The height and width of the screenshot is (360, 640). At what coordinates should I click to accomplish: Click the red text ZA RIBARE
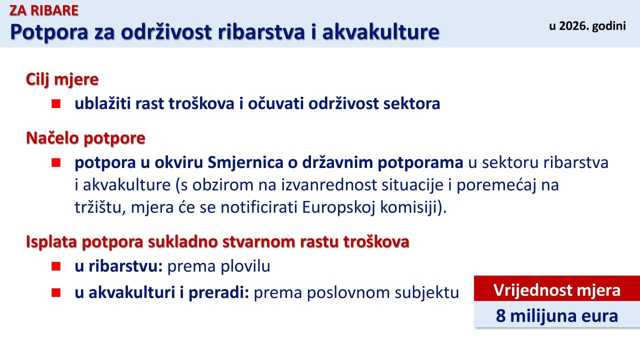click(x=44, y=10)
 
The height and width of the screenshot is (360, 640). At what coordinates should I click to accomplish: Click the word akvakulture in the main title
click(x=381, y=31)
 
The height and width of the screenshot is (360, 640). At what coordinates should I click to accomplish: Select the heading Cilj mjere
click(x=62, y=79)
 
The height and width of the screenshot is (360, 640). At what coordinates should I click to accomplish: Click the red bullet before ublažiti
click(x=56, y=103)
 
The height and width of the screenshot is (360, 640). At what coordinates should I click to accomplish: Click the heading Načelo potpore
click(x=85, y=138)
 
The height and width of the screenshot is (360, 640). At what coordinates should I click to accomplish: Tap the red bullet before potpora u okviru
click(x=56, y=162)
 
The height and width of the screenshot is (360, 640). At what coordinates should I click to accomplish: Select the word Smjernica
click(x=245, y=163)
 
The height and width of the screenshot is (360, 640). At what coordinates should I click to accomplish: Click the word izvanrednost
click(x=329, y=185)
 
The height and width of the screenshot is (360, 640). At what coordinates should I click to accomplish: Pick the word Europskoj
click(x=338, y=207)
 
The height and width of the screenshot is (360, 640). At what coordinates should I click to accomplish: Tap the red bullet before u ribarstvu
click(x=56, y=266)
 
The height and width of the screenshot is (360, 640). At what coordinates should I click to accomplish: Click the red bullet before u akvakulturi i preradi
click(x=56, y=292)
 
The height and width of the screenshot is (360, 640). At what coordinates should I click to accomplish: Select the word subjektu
click(x=427, y=293)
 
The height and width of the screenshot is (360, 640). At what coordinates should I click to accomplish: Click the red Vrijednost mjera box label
click(x=557, y=290)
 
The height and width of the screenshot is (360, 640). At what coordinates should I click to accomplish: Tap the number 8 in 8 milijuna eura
click(x=500, y=316)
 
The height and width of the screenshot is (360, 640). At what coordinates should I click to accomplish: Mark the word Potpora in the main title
click(x=49, y=32)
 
